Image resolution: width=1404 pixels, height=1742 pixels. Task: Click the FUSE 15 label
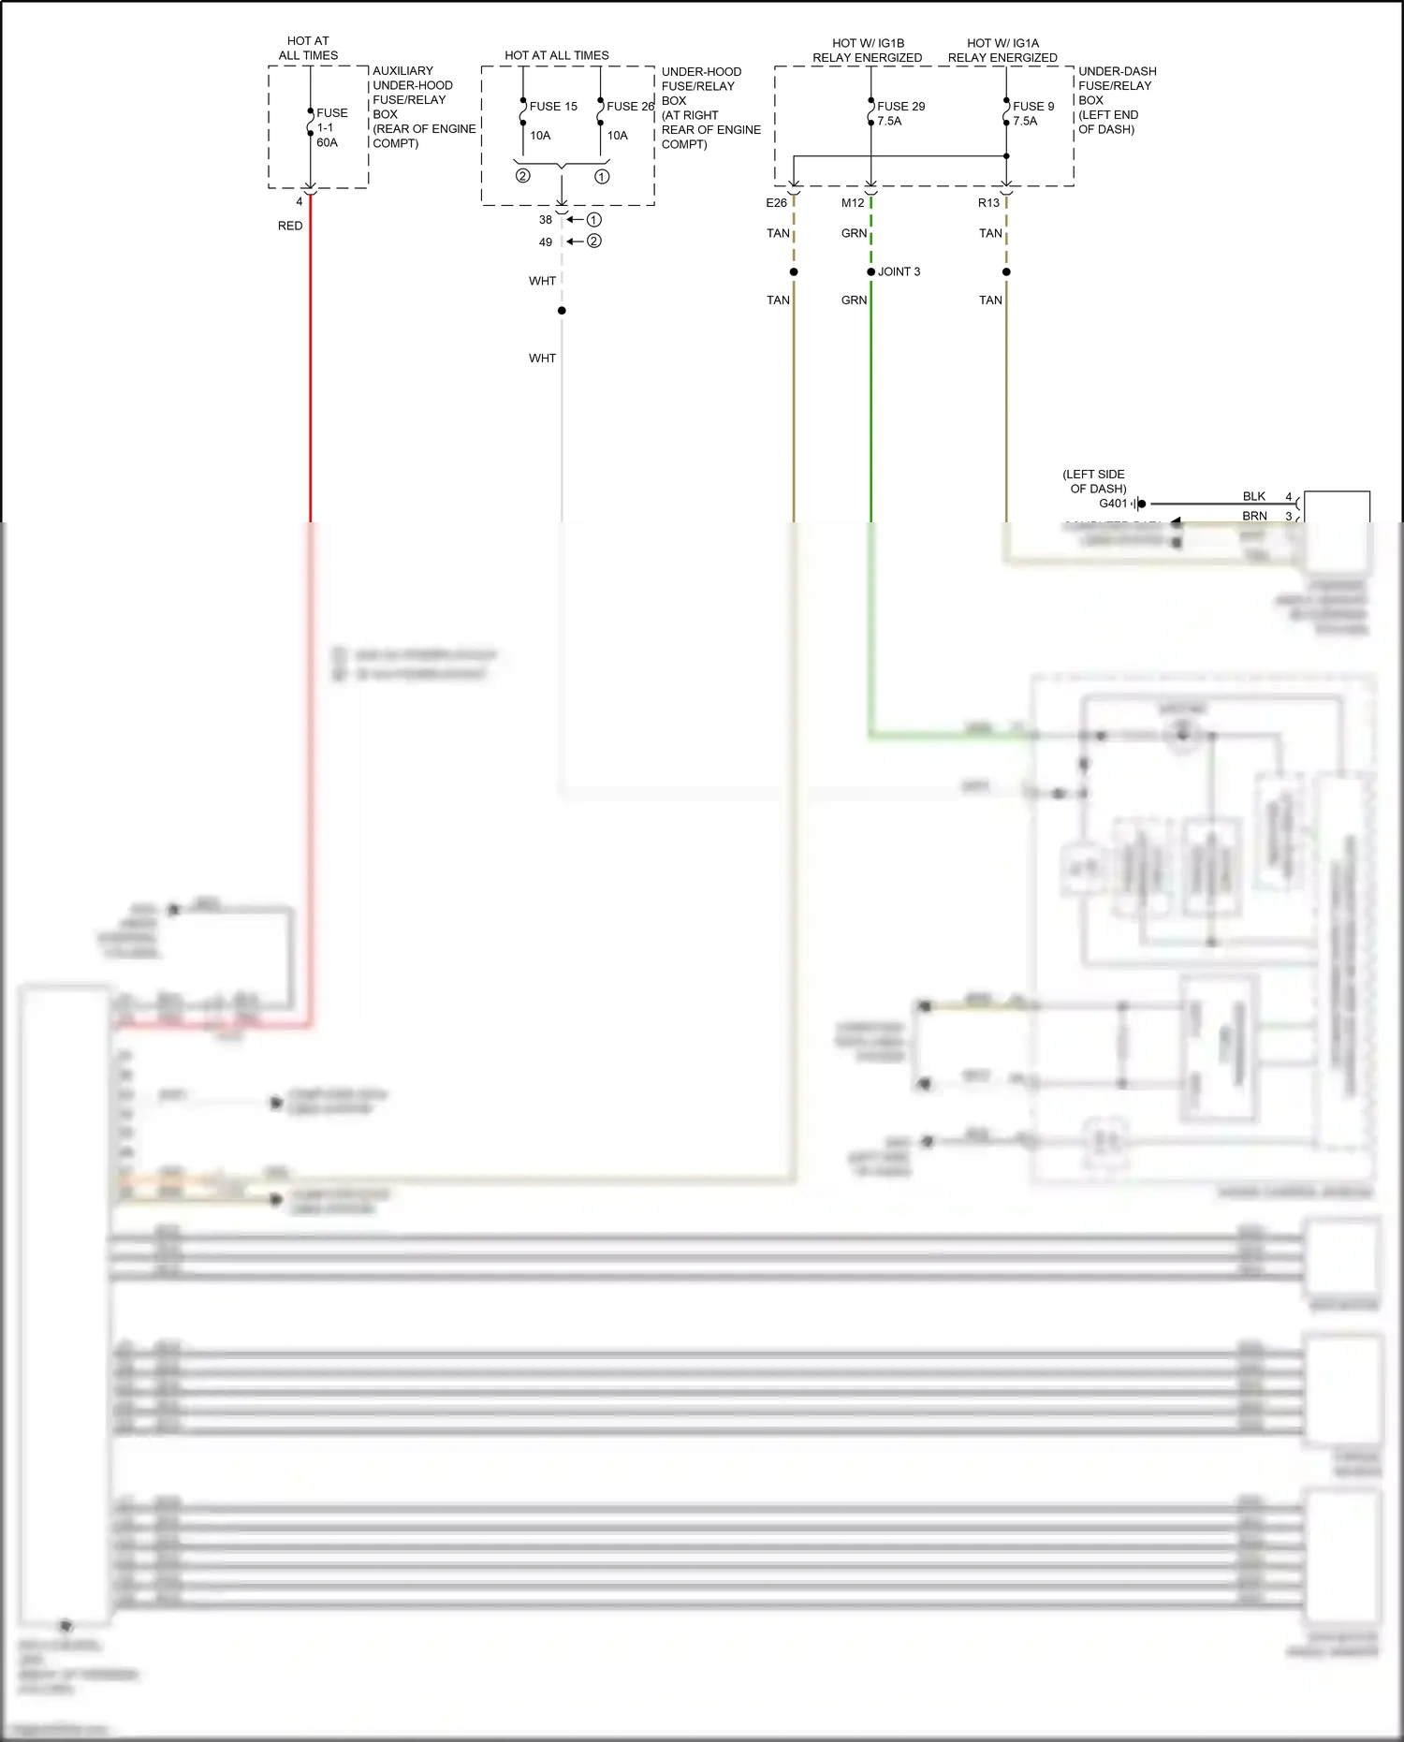pyautogui.click(x=553, y=107)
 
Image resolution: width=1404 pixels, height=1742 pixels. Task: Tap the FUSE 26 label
pyautogui.click(x=630, y=107)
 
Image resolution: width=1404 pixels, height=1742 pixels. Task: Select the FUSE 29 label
pyautogui.click(x=900, y=107)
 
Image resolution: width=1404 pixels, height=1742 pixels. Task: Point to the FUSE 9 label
pyautogui.click(x=1033, y=107)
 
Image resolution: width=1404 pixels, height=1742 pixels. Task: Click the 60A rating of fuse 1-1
pyautogui.click(x=327, y=143)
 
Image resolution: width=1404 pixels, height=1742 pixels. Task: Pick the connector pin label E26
pyautogui.click(x=776, y=203)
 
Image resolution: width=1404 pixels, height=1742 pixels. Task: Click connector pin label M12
pyautogui.click(x=853, y=203)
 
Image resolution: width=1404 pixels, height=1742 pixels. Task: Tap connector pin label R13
pyautogui.click(x=988, y=203)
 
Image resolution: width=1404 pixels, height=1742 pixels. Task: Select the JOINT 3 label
pyautogui.click(x=899, y=271)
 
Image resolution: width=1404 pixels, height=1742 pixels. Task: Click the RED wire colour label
pyautogui.click(x=290, y=226)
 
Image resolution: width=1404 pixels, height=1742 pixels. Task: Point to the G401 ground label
pyautogui.click(x=1113, y=504)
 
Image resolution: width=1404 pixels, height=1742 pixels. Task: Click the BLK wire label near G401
pyautogui.click(x=1254, y=497)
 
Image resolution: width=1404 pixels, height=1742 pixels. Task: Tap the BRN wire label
pyautogui.click(x=1254, y=517)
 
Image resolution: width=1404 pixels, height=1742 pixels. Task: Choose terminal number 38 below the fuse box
pyautogui.click(x=546, y=220)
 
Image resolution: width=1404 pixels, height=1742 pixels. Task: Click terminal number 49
pyautogui.click(x=546, y=242)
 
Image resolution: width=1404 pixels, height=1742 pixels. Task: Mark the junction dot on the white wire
pyautogui.click(x=562, y=311)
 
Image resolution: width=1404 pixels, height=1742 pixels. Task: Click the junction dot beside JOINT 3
pyautogui.click(x=871, y=272)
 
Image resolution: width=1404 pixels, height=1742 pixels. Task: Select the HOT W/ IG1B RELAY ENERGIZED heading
pyautogui.click(x=868, y=51)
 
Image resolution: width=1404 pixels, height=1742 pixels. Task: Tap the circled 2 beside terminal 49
pyautogui.click(x=594, y=242)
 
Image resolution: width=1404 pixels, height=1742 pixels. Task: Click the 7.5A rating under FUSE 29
pyautogui.click(x=889, y=122)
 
